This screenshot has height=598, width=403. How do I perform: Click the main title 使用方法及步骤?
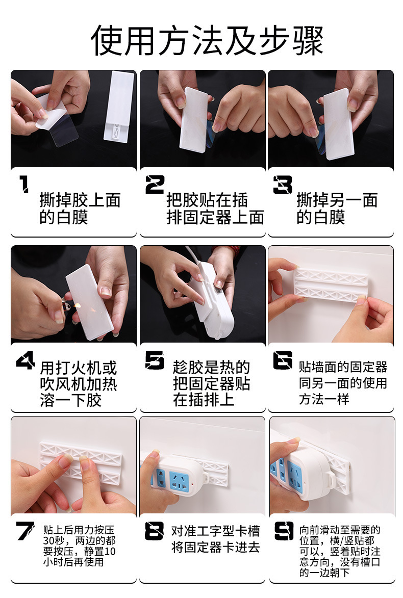click(207, 40)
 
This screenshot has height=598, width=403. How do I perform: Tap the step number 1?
click(24, 184)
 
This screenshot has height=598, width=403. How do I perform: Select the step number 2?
click(155, 185)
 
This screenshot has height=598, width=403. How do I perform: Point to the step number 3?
click(283, 185)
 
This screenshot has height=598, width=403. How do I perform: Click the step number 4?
click(25, 360)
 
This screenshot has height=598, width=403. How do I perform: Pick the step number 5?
click(155, 360)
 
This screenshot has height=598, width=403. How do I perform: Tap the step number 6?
click(283, 360)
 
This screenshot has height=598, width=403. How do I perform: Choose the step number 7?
click(25, 531)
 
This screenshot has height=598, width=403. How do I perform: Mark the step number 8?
click(155, 531)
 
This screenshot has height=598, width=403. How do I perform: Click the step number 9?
click(284, 531)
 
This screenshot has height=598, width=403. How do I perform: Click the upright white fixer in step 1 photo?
click(119, 107)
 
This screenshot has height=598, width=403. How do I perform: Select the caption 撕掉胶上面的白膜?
click(80, 209)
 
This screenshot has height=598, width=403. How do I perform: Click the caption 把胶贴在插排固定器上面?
click(215, 209)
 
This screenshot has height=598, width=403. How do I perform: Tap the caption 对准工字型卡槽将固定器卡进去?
click(215, 539)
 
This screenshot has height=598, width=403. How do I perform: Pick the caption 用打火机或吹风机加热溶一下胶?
click(78, 384)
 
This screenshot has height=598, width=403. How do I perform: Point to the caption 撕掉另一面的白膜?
click(337, 209)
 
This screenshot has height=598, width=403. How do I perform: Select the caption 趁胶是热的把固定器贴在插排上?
click(211, 383)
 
